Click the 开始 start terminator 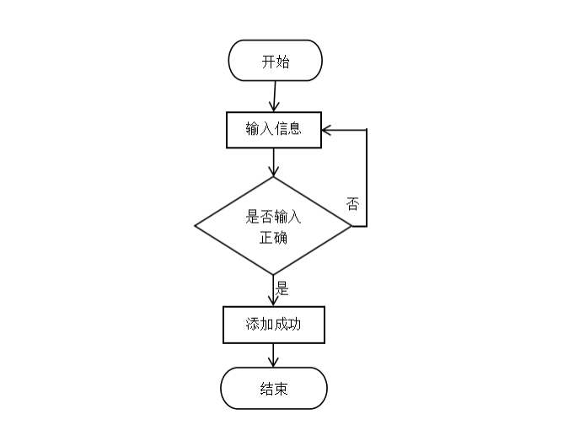(x=275, y=61)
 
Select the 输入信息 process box (x=274, y=130)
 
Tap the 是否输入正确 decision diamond (x=273, y=226)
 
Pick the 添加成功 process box (x=273, y=325)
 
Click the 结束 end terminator (x=273, y=389)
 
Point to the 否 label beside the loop (x=352, y=203)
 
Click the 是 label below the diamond (x=282, y=289)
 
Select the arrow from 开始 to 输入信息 (x=275, y=96)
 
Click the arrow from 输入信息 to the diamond (x=274, y=162)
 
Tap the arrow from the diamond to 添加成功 (x=274, y=290)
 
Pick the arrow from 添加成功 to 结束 (x=273, y=355)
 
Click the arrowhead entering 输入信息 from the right (x=327, y=130)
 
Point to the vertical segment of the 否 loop (x=367, y=178)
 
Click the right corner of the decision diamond (x=350, y=226)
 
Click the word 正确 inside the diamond (x=273, y=237)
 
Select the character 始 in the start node (x=282, y=61)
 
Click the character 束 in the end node (x=281, y=389)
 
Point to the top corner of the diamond (x=274, y=178)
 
